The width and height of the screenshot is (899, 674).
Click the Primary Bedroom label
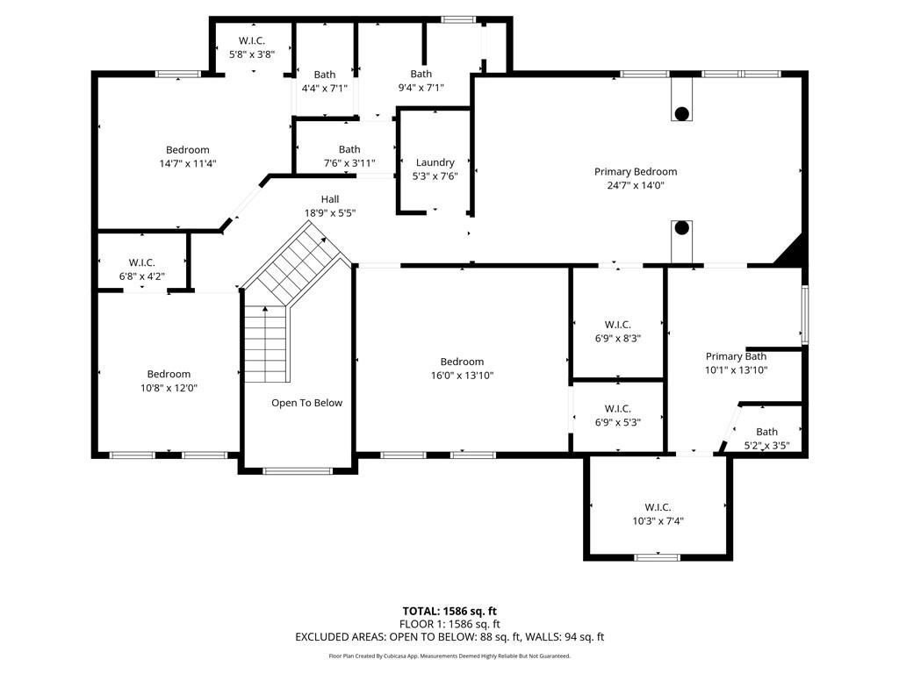636,172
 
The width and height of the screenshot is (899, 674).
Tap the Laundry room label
435,162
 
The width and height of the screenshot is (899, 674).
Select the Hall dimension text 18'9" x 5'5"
329,213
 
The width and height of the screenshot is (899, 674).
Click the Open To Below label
306,403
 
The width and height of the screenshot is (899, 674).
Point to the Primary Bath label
736,356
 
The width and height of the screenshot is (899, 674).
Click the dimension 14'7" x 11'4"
188,163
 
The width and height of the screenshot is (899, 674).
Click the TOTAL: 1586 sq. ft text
449,611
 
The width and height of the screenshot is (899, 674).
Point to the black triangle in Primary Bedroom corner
792,252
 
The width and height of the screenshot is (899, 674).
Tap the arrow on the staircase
265,309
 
